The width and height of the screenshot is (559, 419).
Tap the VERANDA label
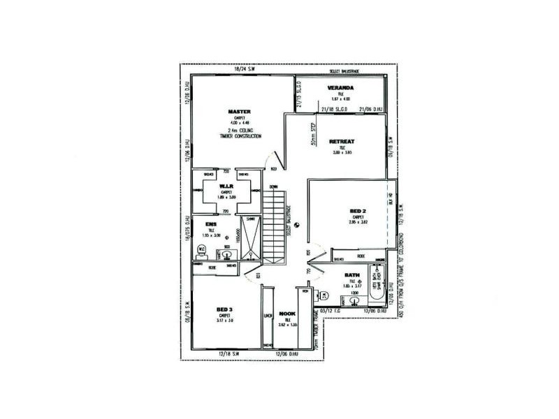[x=341, y=88]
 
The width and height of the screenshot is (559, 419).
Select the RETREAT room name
[x=342, y=142]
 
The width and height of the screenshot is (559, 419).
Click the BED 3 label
[x=224, y=309]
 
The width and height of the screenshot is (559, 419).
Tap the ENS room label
[x=211, y=223]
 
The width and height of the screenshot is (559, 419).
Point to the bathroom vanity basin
[x=355, y=301]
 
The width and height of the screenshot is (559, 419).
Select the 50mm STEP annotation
[x=314, y=135]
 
